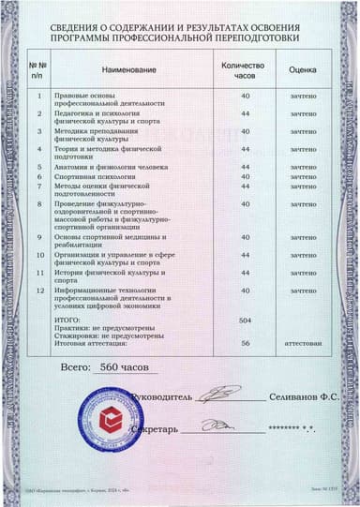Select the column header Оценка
tap(302, 69)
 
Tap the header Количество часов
tap(246, 69)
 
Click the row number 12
tap(39, 291)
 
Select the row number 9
tap(39, 237)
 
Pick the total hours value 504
tap(247, 321)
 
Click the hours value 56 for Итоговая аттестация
tap(247, 344)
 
